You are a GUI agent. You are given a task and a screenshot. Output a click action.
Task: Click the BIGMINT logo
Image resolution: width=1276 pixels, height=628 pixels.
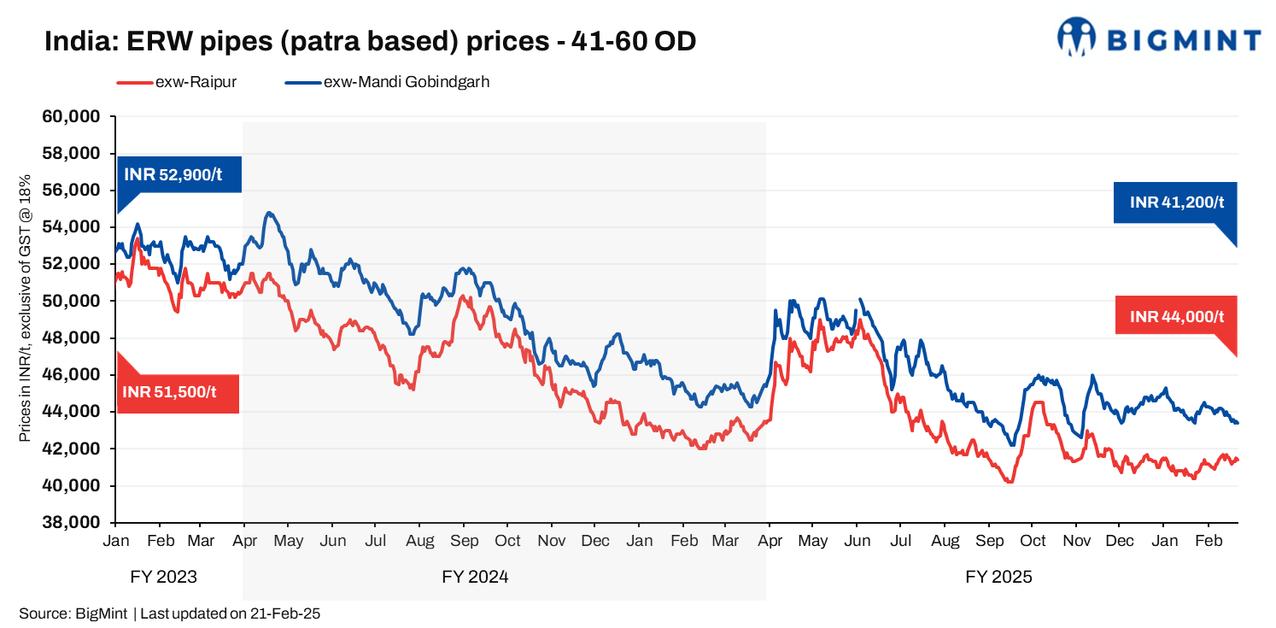pos(1158,38)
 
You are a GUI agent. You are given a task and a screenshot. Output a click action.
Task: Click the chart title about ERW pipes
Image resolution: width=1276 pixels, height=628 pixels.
pos(370,40)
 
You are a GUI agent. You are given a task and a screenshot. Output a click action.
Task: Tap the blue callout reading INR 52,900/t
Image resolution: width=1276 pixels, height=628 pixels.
pos(179,175)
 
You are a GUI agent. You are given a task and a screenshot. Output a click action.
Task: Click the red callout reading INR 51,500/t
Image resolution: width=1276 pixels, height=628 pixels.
pos(178,393)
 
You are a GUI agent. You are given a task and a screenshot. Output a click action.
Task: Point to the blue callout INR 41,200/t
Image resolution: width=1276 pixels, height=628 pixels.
pos(1176,202)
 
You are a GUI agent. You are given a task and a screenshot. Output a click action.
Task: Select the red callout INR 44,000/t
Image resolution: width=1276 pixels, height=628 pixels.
pos(1176,316)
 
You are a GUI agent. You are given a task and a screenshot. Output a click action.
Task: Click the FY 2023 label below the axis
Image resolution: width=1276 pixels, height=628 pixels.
pos(163,577)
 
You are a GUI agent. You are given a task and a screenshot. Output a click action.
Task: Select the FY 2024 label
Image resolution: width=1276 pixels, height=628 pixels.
pos(475,577)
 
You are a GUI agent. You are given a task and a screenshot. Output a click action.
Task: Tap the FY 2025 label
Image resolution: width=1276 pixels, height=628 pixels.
pos(998,577)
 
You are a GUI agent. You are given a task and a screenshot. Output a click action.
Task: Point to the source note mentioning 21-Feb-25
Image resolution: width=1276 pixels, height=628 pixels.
pos(169,613)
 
